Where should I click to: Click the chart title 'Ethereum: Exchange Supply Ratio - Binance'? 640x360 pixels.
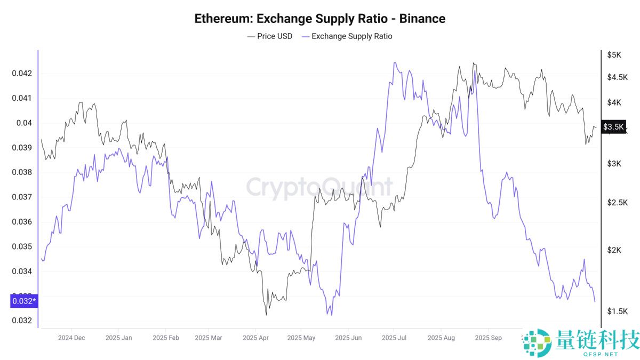tap(319, 19)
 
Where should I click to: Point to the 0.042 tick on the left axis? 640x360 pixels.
tap(22, 73)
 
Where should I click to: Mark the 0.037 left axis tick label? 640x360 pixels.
tap(22, 197)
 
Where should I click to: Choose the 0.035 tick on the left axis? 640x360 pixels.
tap(22, 246)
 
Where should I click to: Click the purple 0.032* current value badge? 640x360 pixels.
tap(24, 301)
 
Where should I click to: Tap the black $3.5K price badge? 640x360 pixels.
tap(613, 126)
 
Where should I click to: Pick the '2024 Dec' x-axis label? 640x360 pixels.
tap(71, 338)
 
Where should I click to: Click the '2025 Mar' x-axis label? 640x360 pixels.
tap(209, 338)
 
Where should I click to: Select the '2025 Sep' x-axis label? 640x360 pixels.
tap(488, 338)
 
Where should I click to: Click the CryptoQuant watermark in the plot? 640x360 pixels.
tap(319, 187)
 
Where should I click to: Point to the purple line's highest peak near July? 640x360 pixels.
tap(394, 62)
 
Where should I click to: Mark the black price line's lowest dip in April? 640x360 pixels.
tap(266, 314)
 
